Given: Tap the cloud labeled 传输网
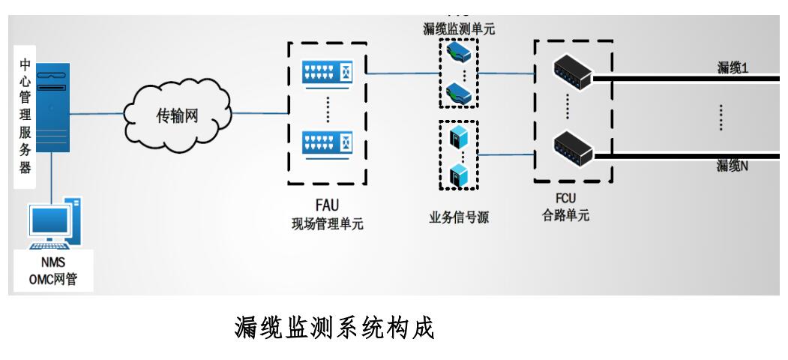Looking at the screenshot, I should point(178,115).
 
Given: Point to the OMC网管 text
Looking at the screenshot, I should point(58,281).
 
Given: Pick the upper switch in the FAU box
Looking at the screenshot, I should point(326,73).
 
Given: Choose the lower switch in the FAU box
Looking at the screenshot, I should point(326,143).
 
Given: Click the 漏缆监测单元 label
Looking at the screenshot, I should point(459,29).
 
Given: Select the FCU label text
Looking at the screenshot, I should point(572,199).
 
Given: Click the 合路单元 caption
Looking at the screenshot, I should point(572,215).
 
